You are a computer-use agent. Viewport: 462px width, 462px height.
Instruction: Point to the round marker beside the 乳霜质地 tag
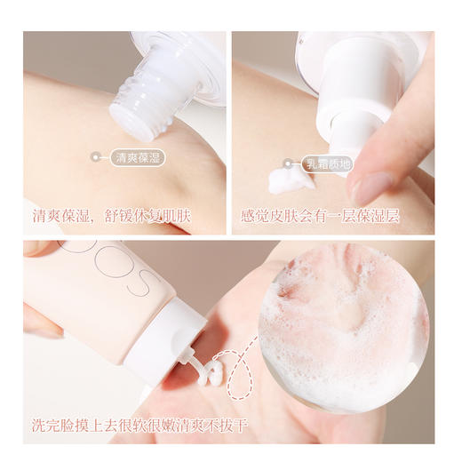pos(287,163)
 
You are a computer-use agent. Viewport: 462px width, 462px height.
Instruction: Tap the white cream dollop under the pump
pos(294,179)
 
